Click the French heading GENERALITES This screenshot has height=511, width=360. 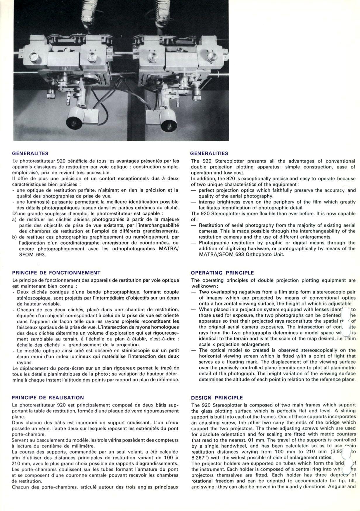point(30,153)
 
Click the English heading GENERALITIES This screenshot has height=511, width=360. point(209,153)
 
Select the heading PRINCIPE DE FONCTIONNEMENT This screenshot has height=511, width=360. point(56,273)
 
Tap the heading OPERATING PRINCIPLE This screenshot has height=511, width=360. point(222,273)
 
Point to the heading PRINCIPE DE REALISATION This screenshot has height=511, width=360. point(48,397)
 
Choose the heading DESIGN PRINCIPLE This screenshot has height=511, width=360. point(217,398)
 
